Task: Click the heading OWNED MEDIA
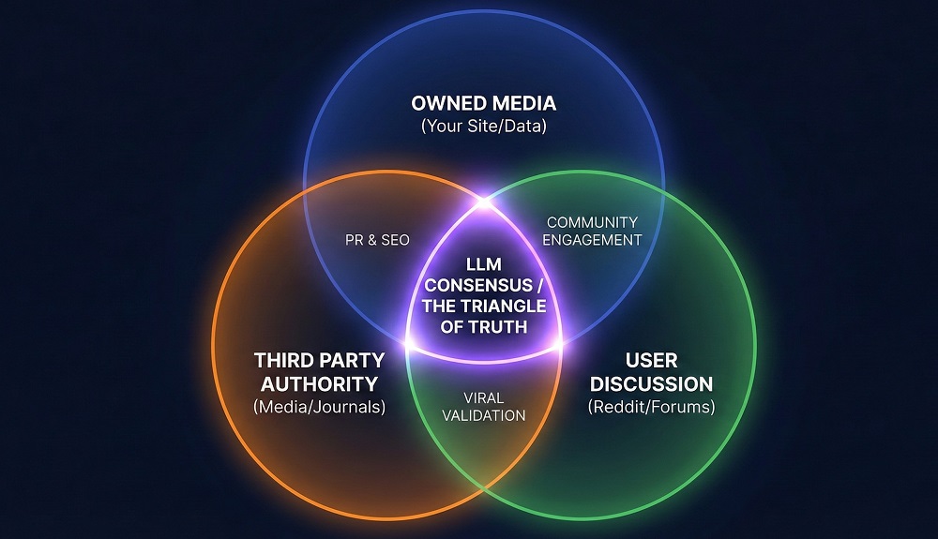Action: (484, 103)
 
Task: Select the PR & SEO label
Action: (376, 240)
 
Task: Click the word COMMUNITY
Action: (592, 222)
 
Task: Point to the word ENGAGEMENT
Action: (592, 240)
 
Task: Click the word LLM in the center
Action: (484, 265)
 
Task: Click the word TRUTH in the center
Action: (507, 326)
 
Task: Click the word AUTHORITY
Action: (320, 383)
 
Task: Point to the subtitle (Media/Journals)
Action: (320, 408)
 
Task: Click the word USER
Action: (650, 361)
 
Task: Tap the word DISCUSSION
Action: (650, 383)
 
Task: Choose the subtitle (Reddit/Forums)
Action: (650, 408)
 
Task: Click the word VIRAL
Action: (484, 397)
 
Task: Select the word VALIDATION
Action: (484, 414)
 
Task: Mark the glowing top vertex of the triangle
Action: (484, 200)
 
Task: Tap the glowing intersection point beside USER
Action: (561, 345)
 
